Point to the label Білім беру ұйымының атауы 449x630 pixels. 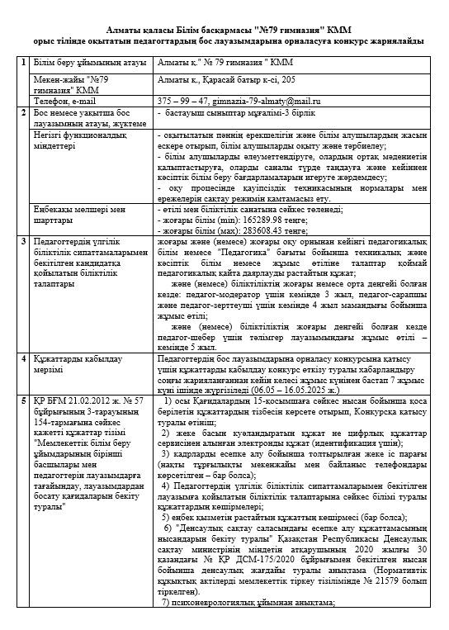[x=82, y=63]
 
